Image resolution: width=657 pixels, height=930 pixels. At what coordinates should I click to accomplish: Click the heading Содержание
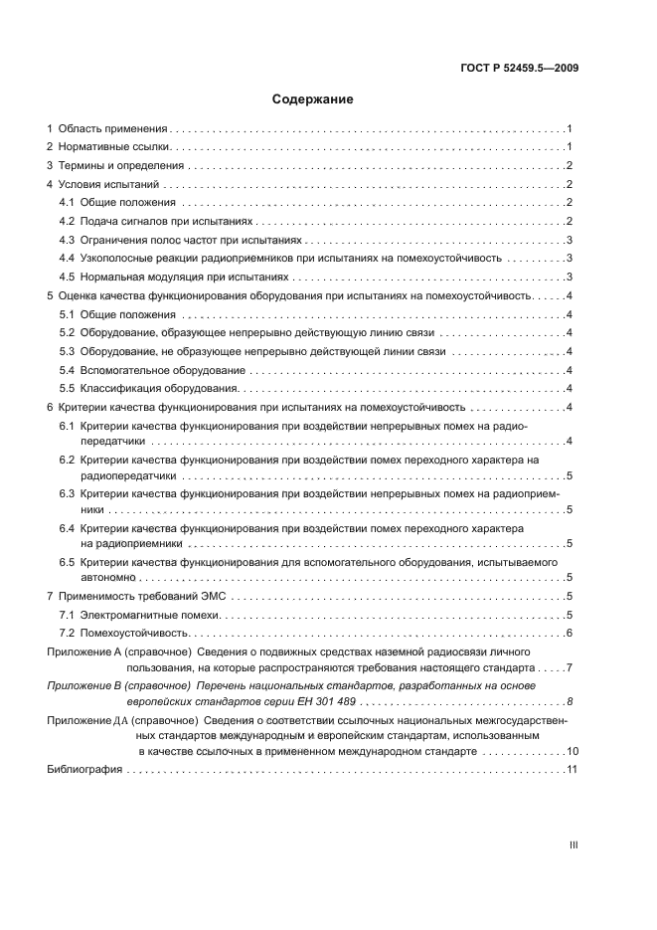[313, 99]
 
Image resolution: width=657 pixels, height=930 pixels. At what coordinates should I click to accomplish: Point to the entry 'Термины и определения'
[120, 166]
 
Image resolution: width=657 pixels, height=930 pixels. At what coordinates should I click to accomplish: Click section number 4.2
[68, 221]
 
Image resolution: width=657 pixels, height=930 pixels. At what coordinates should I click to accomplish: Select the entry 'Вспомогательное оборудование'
[157, 369]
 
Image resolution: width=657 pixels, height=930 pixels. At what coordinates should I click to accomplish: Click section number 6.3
[68, 492]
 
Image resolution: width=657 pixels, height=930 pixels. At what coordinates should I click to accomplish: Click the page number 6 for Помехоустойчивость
[568, 634]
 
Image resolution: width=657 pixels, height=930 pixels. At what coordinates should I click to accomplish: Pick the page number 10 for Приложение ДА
[572, 751]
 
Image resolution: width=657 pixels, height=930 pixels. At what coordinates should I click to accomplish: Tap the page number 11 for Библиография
[572, 770]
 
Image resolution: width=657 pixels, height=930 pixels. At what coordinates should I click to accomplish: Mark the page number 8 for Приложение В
[569, 702]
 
